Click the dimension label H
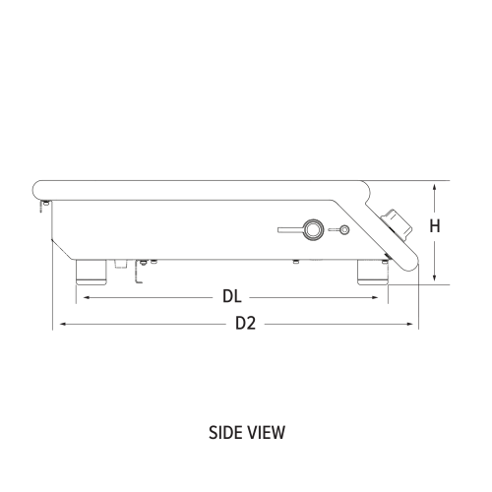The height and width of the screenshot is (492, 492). [x=435, y=226]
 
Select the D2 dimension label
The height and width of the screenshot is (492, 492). [x=245, y=323]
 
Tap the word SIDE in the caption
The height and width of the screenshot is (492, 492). [x=227, y=431]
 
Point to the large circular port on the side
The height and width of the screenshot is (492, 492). [x=312, y=229]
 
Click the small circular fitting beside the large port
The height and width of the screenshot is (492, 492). [x=343, y=230]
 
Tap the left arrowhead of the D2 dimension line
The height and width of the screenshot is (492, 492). [x=58, y=323]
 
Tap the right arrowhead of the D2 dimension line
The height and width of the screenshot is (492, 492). [x=413, y=323]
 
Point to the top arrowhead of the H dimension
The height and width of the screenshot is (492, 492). [x=435, y=185]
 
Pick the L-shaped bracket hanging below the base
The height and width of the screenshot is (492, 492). [x=138, y=273]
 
